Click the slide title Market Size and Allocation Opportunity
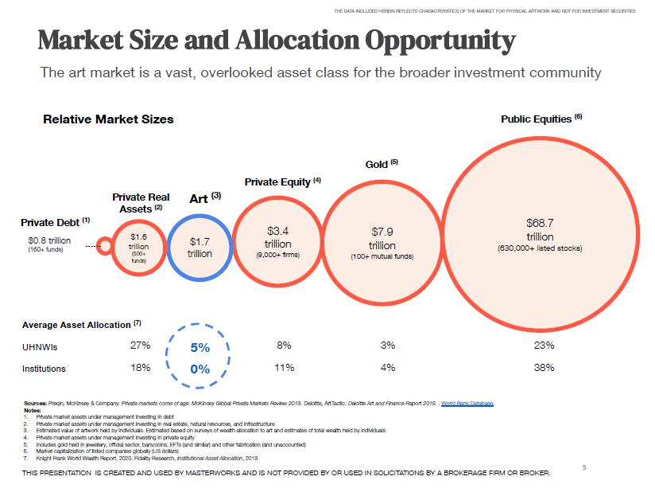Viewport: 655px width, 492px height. (x=277, y=39)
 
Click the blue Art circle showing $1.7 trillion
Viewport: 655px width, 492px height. (x=200, y=247)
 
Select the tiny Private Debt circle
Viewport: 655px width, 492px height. (x=104, y=246)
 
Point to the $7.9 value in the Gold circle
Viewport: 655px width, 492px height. (x=382, y=232)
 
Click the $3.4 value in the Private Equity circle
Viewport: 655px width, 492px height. (x=277, y=231)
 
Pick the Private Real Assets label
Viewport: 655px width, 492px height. (x=141, y=202)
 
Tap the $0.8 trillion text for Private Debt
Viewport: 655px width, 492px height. (x=49, y=240)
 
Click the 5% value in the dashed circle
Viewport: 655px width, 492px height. (x=200, y=348)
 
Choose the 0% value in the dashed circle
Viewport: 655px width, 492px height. (x=200, y=369)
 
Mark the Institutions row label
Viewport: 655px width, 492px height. (x=44, y=369)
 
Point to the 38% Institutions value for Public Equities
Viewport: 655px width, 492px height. (x=545, y=368)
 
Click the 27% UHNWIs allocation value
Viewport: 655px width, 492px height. (x=140, y=346)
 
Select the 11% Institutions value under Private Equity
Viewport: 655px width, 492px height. (x=284, y=368)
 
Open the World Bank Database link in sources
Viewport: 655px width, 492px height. (x=467, y=404)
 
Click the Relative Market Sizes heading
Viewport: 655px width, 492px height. (x=108, y=119)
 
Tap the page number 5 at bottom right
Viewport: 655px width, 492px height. (x=583, y=467)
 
